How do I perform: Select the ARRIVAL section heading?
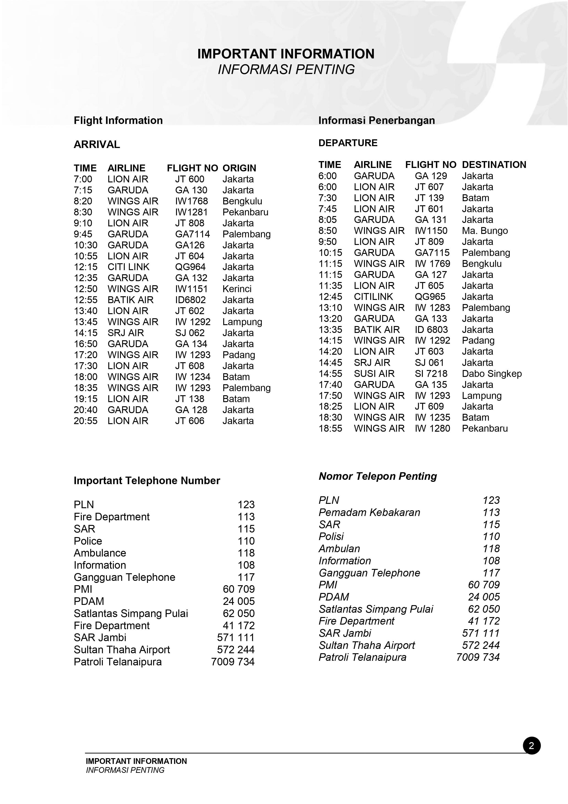tap(97, 144)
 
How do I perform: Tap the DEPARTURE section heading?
tap(348, 143)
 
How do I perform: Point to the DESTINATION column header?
tap(494, 165)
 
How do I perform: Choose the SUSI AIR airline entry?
tap(374, 374)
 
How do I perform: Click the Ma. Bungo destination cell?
tap(484, 231)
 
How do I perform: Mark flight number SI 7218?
tap(431, 374)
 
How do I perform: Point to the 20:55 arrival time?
tap(85, 421)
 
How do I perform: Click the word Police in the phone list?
tap(88, 541)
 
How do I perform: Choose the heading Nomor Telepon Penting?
tap(378, 476)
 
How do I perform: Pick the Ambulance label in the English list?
tap(100, 553)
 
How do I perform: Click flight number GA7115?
tap(432, 253)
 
